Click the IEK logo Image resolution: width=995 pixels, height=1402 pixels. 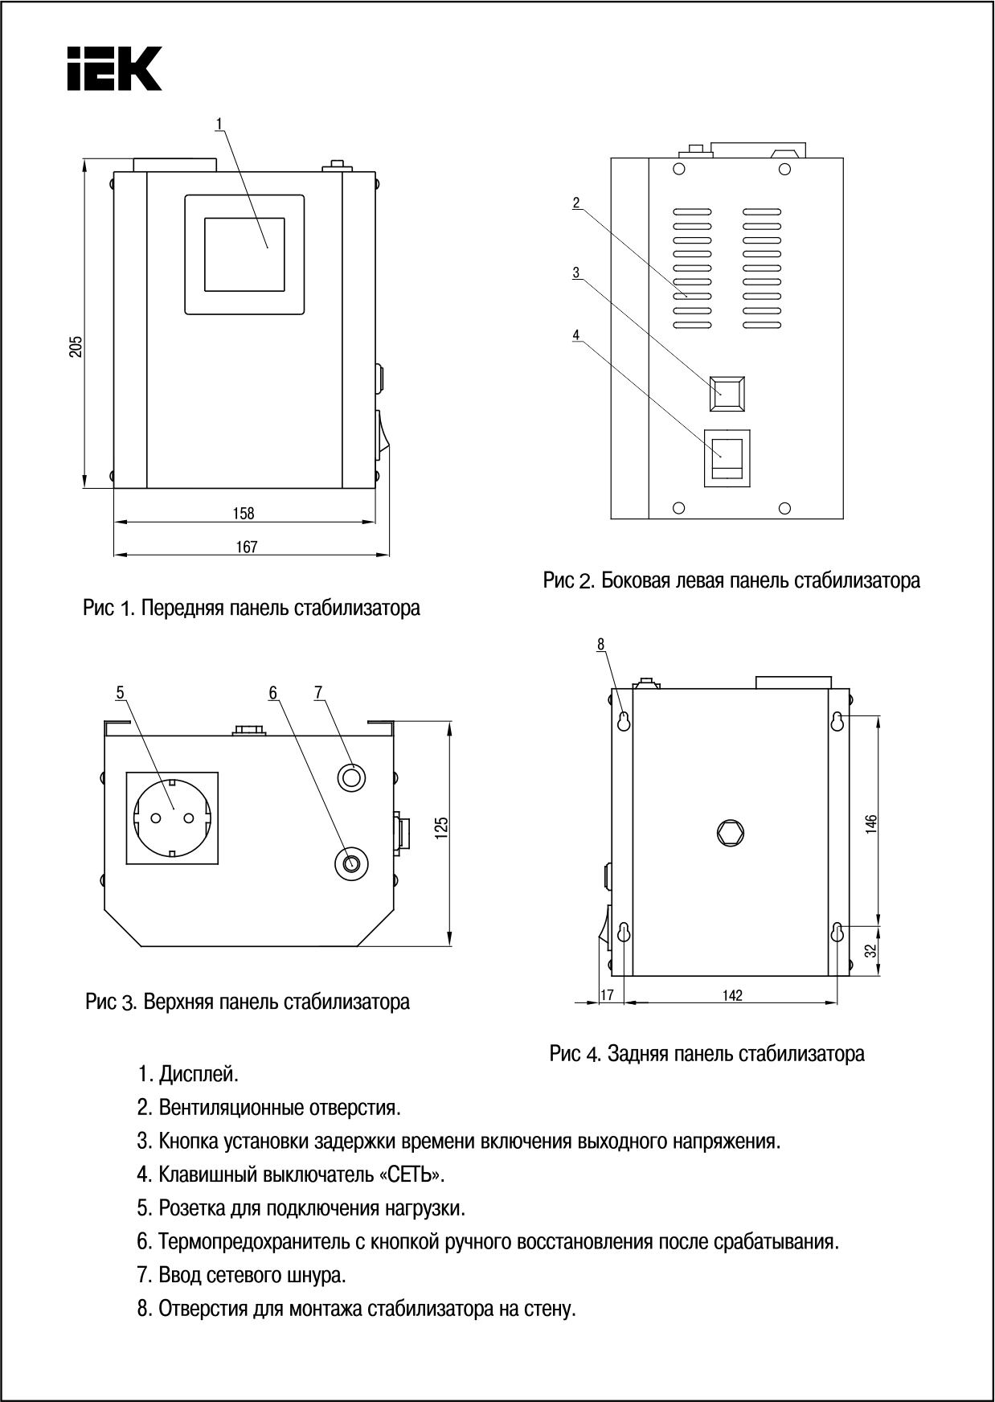[114, 68]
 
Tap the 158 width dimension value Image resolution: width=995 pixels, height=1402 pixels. [244, 513]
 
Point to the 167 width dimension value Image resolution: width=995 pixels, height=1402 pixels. [247, 547]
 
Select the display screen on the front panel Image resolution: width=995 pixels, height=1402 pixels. [244, 254]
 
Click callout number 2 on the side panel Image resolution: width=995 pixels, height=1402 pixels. [576, 203]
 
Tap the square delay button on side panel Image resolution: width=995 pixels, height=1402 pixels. [727, 393]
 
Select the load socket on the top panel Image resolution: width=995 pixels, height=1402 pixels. [172, 818]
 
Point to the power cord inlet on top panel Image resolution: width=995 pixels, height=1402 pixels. [351, 777]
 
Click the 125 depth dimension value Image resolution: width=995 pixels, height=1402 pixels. [441, 828]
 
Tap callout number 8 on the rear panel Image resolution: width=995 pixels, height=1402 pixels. [600, 644]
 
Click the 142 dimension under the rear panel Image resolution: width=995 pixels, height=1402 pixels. [732, 995]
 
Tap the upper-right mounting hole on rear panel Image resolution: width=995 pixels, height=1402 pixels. [837, 720]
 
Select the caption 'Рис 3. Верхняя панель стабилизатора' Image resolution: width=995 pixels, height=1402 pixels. [248, 1002]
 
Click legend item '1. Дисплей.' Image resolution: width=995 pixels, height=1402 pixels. [188, 1073]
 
